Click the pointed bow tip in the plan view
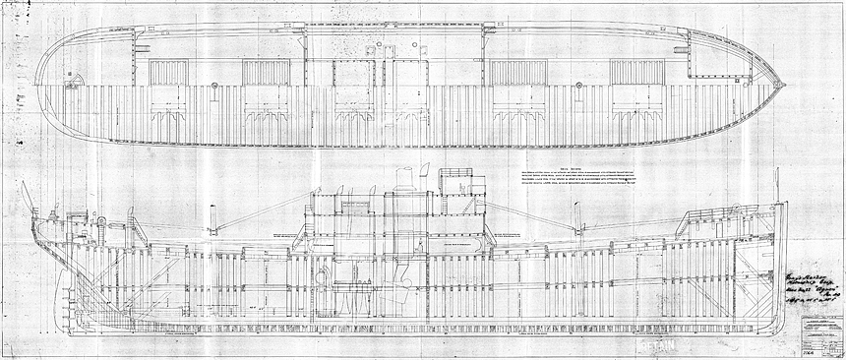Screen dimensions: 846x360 783,84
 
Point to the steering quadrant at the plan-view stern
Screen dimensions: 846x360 59,84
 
